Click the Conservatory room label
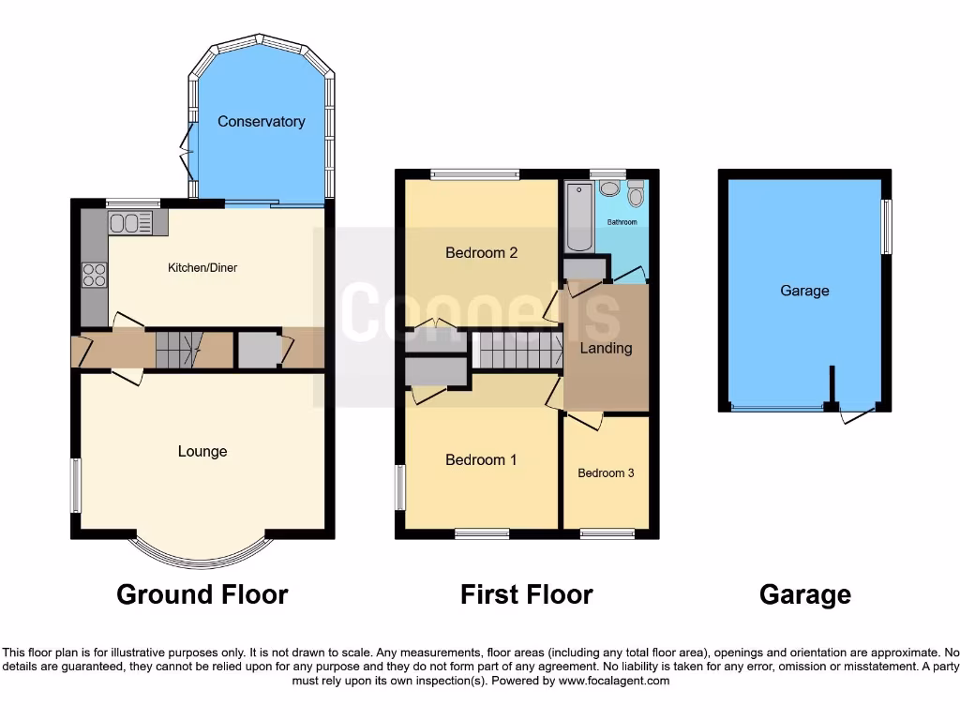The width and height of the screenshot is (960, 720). point(261,121)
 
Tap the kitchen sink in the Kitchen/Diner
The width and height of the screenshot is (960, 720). point(130,223)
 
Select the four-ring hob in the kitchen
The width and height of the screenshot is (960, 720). point(95,274)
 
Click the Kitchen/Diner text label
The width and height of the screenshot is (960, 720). point(202,267)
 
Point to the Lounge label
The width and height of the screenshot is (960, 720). point(202,451)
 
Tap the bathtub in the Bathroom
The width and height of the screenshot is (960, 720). point(578,217)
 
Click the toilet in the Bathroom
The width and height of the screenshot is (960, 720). point(636,195)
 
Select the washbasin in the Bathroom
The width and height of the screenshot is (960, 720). point(609,188)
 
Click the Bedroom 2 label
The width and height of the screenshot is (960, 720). point(481,252)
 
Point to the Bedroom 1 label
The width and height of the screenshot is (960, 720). point(481,459)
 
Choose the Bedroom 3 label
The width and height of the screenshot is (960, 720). point(606,472)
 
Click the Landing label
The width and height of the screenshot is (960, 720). point(606,348)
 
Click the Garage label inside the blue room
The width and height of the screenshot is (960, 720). point(804,291)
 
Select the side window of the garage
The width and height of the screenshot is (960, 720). point(886,226)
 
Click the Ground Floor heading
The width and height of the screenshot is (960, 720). point(202,594)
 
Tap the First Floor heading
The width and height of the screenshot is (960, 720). point(526,594)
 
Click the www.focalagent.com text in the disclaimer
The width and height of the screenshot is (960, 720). point(614,681)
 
